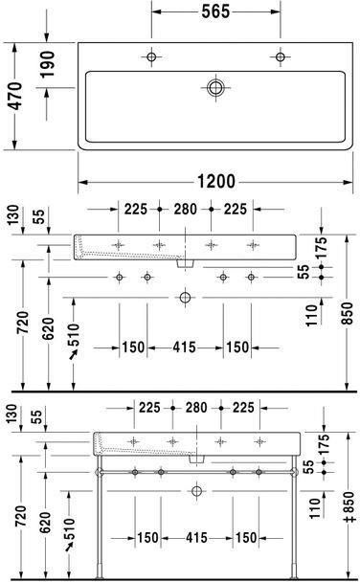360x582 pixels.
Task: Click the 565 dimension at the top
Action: tap(215, 12)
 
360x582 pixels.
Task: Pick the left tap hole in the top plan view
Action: tap(151, 57)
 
